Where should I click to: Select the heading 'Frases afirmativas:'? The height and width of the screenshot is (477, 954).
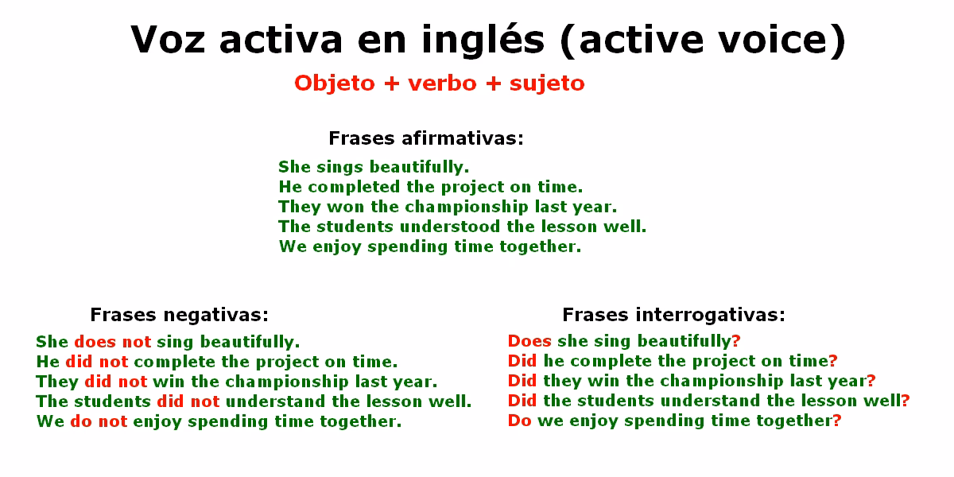(426, 138)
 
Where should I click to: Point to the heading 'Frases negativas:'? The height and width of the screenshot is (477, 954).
(180, 314)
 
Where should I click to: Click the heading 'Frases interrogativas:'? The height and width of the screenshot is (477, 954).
(673, 314)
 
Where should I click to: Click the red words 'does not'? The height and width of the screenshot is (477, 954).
(112, 342)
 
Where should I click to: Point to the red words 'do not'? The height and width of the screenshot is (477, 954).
(99, 421)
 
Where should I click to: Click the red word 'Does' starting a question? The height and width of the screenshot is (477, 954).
(529, 341)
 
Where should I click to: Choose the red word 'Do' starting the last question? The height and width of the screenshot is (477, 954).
(519, 421)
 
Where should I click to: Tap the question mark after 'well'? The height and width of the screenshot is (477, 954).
(906, 401)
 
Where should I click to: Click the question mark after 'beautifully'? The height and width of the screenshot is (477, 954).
(736, 341)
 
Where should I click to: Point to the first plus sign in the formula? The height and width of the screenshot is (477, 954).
(390, 83)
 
